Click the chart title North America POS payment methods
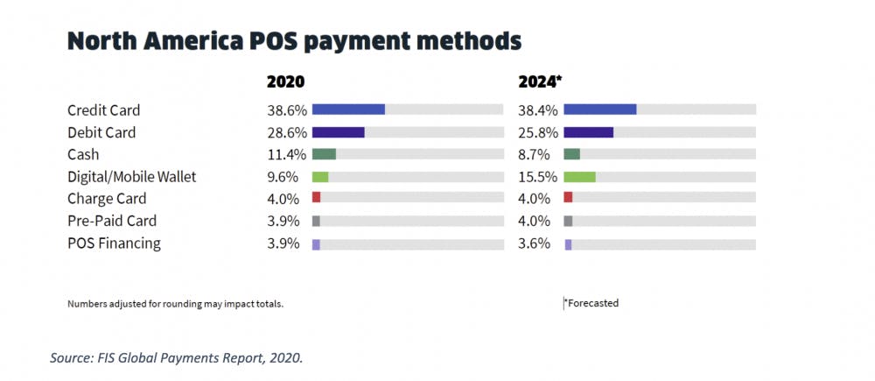(x=294, y=40)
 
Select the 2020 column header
(x=285, y=81)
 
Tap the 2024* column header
(x=541, y=81)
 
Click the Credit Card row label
(x=103, y=110)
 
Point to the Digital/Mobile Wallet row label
(x=131, y=177)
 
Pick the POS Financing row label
(x=114, y=243)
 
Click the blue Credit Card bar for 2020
(x=348, y=109)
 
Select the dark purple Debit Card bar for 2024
(x=588, y=132)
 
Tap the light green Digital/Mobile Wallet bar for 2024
(x=579, y=177)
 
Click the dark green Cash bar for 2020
(x=324, y=154)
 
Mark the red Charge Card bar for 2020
(x=316, y=198)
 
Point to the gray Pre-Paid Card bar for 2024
(x=568, y=221)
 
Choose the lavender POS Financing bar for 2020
(x=316, y=243)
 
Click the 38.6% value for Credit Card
(x=286, y=110)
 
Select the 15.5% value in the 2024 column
(x=535, y=177)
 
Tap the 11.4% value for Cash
(x=286, y=154)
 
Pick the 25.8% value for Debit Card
(x=535, y=132)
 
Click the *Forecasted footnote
(x=591, y=303)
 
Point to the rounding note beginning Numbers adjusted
(x=175, y=304)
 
